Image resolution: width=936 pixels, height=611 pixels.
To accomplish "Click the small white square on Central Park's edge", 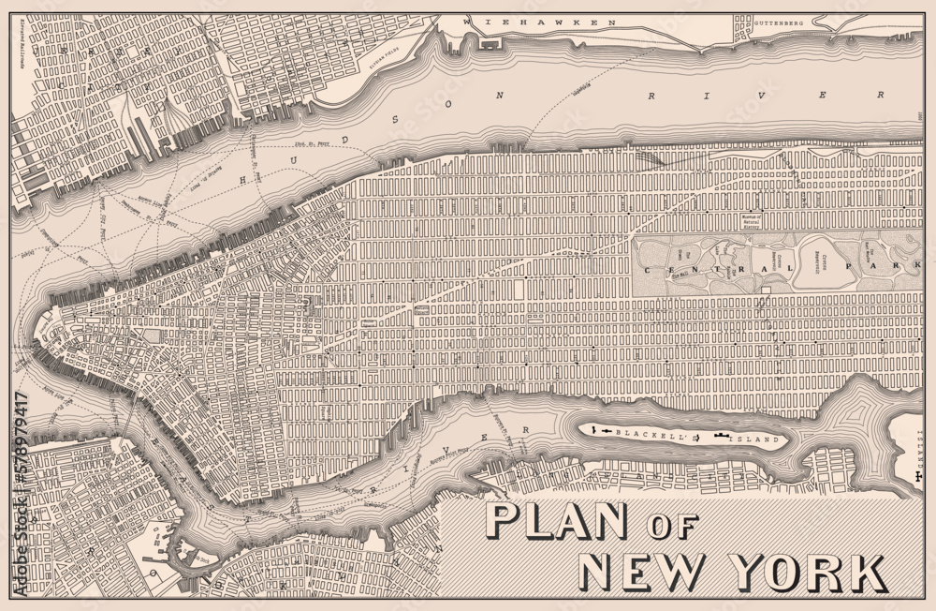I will tap(765, 291).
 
